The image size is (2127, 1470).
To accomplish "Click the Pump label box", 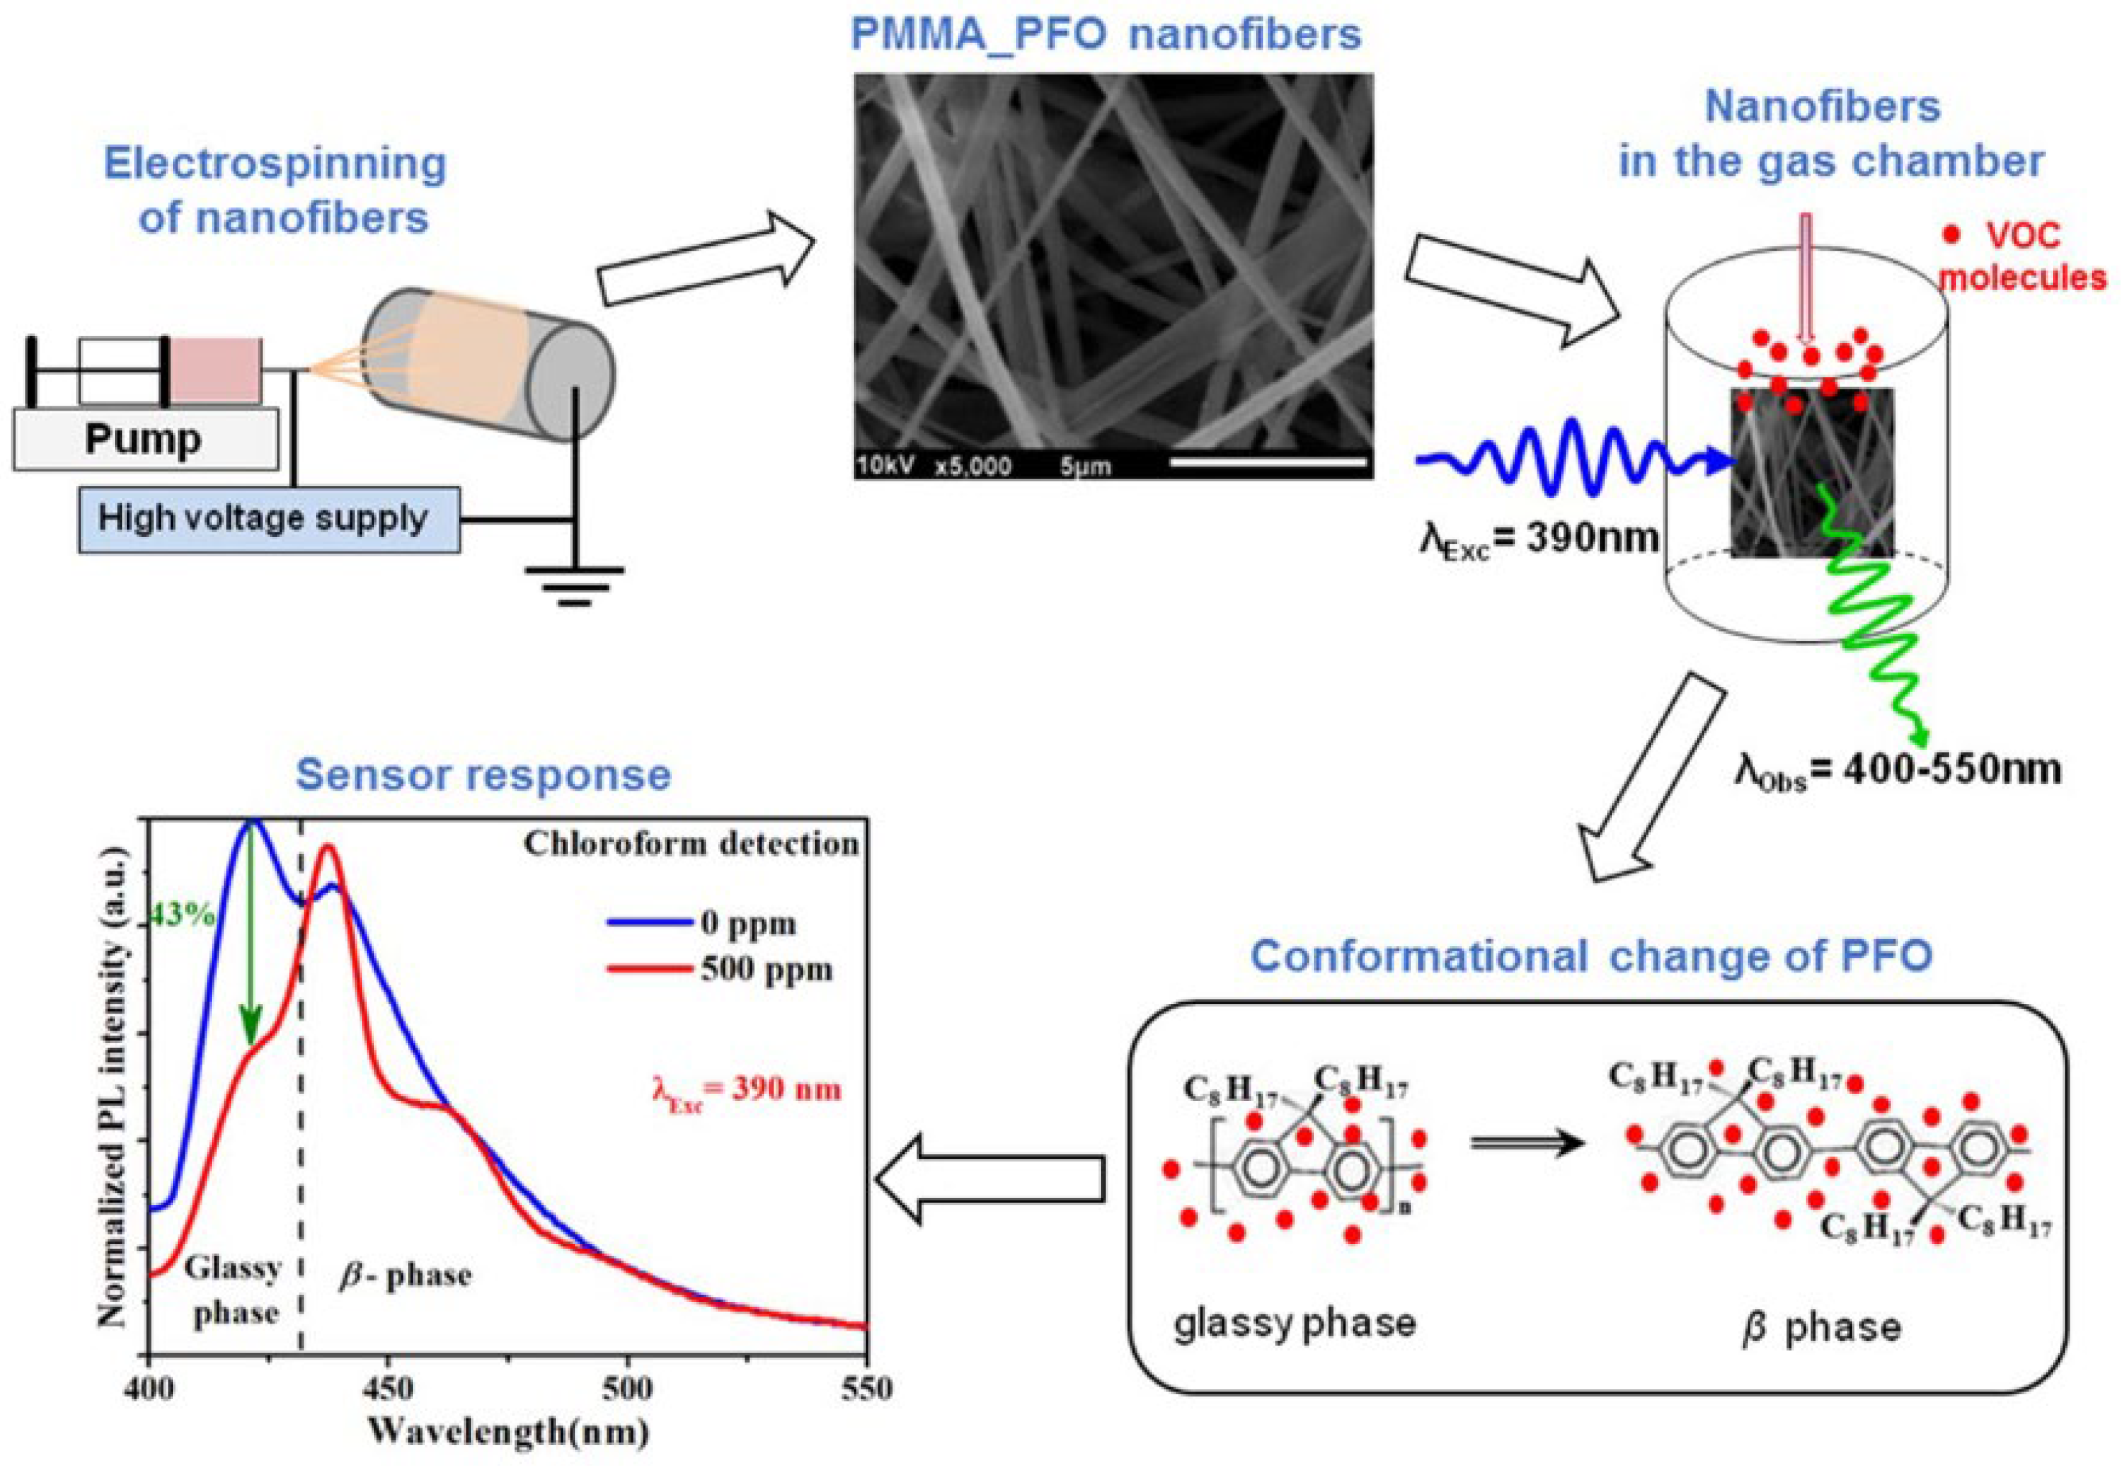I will [144, 439].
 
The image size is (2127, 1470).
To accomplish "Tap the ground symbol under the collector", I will [574, 585].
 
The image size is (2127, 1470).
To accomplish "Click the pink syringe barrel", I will [215, 370].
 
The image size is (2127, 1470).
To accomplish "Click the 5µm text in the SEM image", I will [1085, 466].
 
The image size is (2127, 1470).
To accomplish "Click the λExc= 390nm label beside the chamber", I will [1538, 537].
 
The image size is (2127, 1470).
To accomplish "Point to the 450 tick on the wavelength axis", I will [388, 1388].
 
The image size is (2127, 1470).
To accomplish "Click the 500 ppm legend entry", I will [765, 970].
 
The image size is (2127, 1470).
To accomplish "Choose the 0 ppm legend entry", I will [746, 923].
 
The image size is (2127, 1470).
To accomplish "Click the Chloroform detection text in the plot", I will [691, 843].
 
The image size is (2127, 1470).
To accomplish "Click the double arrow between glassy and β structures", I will [1527, 1143].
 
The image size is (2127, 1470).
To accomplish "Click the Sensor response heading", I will [483, 775].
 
